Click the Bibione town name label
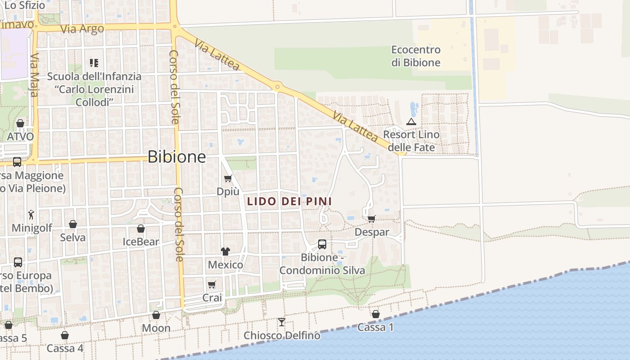click(177, 157)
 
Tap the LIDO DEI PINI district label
click(288, 201)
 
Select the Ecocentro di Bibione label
click(416, 56)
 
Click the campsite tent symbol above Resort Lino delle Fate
click(411, 121)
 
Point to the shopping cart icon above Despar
click(371, 219)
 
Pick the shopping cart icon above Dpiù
click(228, 178)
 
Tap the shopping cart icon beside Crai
click(212, 284)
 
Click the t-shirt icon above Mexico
click(225, 251)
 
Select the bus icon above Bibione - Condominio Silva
click(322, 244)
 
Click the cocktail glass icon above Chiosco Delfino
click(282, 322)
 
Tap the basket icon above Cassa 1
click(376, 314)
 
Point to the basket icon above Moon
click(156, 315)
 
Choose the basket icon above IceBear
click(141, 229)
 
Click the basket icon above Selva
click(73, 224)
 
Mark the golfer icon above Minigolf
click(31, 215)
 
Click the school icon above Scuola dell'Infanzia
click(94, 63)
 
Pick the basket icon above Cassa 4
click(65, 335)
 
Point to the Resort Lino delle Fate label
click(411, 141)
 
